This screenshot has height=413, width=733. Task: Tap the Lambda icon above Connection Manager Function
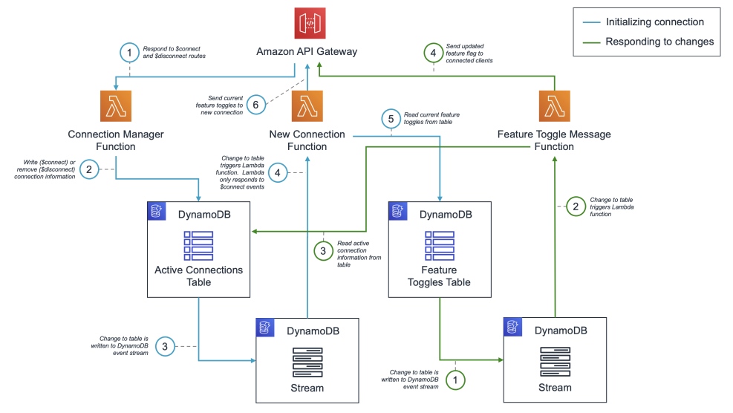point(115,106)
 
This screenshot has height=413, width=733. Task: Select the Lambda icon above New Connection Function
point(307,106)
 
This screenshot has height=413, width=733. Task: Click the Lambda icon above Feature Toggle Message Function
point(554,106)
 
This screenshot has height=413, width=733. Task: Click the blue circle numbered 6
point(256,105)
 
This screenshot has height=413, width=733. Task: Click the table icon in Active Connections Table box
point(198,244)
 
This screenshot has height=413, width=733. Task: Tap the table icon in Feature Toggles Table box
point(439,244)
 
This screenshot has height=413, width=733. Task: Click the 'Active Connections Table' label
point(198,276)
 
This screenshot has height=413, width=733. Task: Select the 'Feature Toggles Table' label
point(439,276)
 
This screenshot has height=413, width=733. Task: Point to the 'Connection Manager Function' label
point(115,140)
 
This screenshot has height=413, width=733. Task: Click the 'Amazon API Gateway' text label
point(307,51)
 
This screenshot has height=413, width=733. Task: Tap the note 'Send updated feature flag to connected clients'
point(469,53)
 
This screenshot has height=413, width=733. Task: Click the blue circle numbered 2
point(88,170)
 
